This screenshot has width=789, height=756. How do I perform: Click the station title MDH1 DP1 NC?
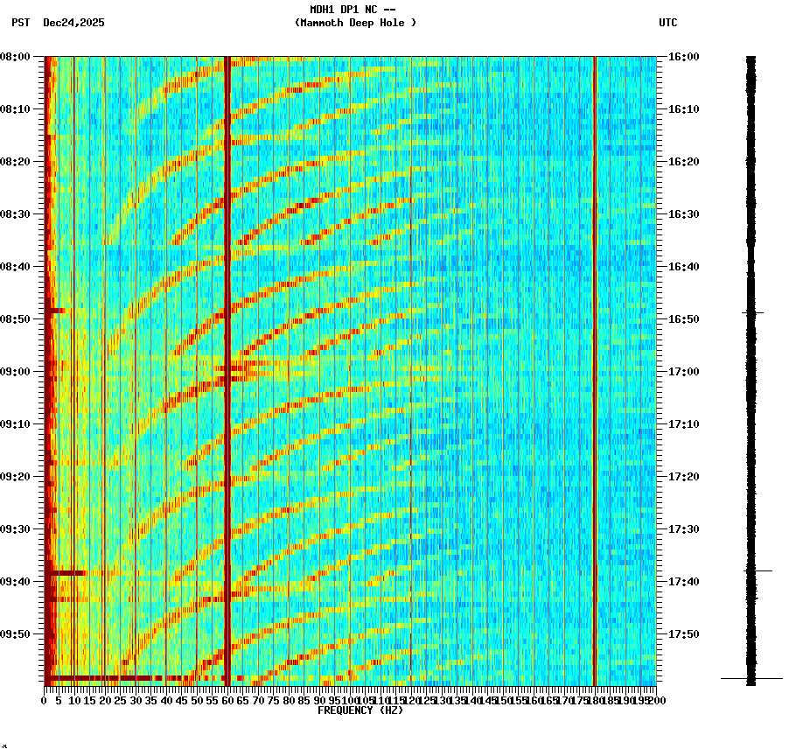(353, 10)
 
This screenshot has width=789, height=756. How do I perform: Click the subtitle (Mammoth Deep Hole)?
(355, 23)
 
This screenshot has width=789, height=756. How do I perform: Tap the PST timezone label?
(21, 23)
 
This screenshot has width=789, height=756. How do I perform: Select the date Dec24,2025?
(73, 23)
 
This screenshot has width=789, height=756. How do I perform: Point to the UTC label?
(667, 23)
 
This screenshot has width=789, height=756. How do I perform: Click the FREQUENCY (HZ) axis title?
(360, 710)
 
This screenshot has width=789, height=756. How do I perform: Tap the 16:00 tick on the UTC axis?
(683, 57)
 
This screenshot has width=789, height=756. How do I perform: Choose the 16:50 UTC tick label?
(683, 319)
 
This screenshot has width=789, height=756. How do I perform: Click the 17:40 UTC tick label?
(683, 582)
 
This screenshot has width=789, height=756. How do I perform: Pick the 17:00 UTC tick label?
(683, 372)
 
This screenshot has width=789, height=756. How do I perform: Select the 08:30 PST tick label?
(15, 214)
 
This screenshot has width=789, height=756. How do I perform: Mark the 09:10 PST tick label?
(15, 424)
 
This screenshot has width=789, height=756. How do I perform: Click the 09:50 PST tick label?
(15, 634)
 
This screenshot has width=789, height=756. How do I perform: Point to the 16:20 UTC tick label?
(683, 162)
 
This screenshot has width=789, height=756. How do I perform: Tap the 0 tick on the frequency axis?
(45, 700)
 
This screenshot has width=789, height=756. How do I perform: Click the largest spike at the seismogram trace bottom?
(751, 678)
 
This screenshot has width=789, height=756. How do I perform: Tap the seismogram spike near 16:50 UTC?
(752, 312)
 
